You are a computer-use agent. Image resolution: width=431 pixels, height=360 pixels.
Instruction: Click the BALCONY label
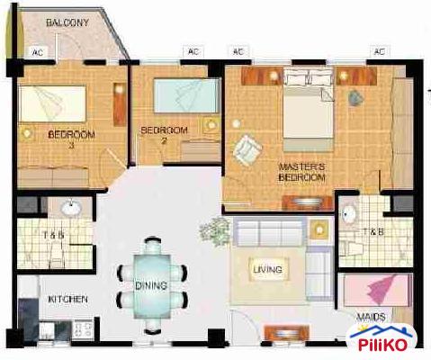(x=67, y=22)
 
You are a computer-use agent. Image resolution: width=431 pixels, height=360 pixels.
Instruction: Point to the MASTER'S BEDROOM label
(x=301, y=171)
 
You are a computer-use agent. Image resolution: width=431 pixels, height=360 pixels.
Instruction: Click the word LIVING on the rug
(x=267, y=269)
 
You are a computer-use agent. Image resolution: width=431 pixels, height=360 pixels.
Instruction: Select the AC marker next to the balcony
(x=38, y=51)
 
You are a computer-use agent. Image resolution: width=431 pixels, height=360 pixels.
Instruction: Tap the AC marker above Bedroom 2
(x=193, y=51)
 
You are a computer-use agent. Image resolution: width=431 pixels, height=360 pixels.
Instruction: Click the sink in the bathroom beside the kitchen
(x=68, y=210)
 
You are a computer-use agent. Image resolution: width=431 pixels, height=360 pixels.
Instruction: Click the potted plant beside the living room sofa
(x=215, y=232)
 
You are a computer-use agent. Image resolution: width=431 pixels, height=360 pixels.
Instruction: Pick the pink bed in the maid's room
(x=380, y=292)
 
